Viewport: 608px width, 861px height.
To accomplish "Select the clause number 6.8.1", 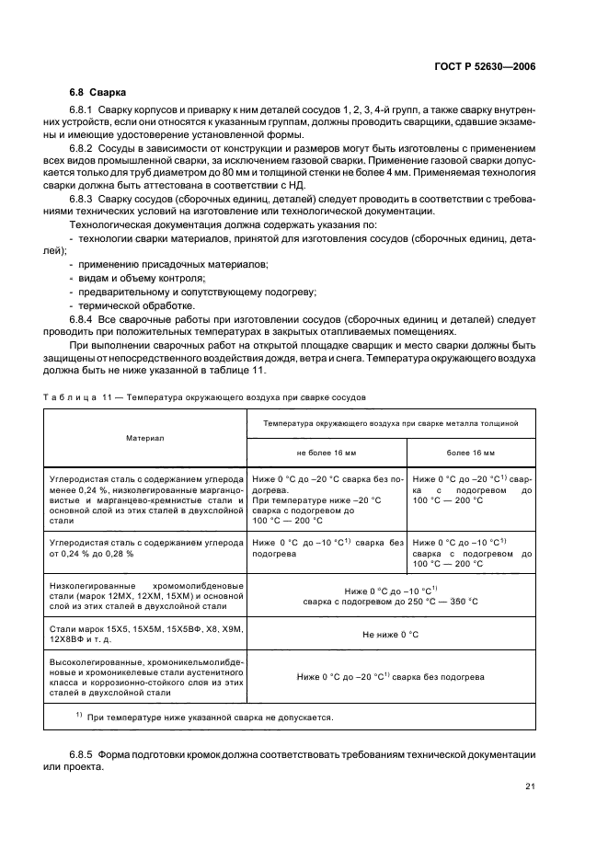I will coord(84,111).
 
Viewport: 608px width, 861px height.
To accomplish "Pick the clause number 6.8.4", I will coord(84,317).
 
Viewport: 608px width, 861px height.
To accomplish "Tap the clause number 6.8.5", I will coord(84,753).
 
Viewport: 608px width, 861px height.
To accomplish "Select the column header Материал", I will coord(144,438).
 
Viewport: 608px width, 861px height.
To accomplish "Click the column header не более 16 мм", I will coord(327,453).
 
